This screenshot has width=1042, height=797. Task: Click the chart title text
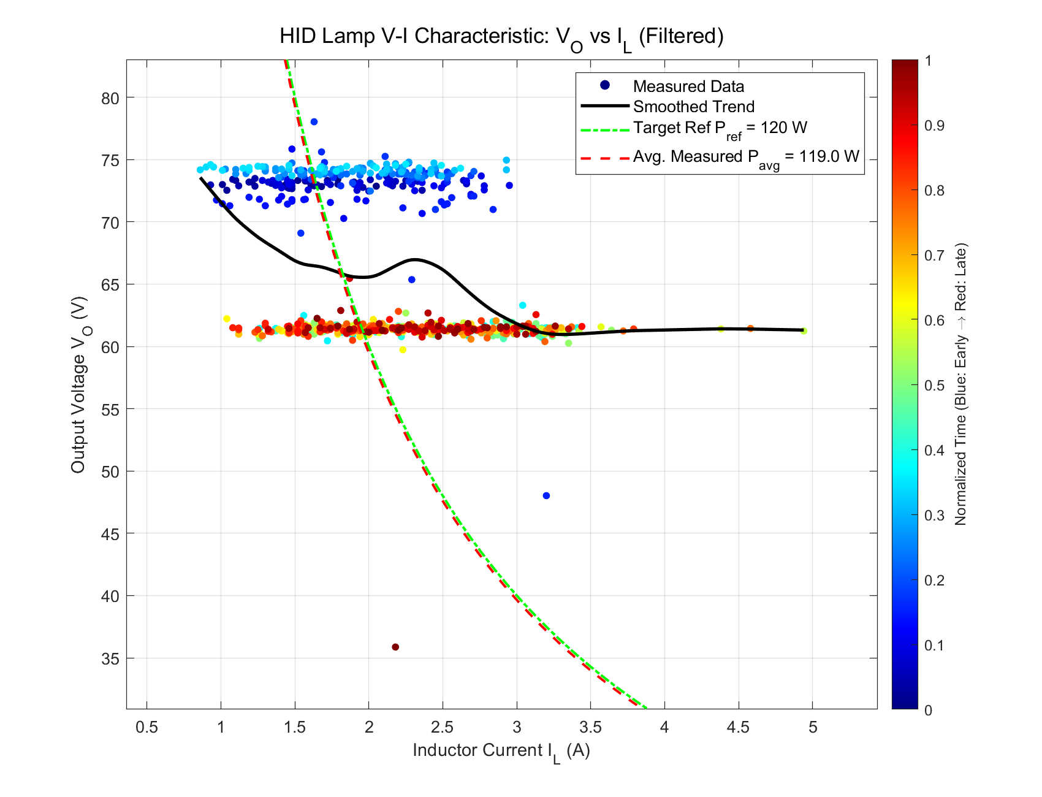[501, 37]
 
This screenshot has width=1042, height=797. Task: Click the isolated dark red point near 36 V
[395, 647]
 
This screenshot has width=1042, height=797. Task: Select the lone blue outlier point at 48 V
[546, 495]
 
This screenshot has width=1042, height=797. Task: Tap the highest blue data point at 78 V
[314, 121]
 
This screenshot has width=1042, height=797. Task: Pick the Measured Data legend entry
[688, 86]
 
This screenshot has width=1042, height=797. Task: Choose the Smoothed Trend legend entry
[693, 107]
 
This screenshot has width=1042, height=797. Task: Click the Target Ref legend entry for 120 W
[720, 128]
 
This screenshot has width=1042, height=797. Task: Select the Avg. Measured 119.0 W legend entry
[745, 157]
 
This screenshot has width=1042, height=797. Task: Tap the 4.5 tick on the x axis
[738, 728]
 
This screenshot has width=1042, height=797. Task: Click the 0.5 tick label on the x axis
[146, 728]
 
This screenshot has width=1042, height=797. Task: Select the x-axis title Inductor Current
[501, 751]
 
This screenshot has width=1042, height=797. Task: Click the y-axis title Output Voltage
[78, 385]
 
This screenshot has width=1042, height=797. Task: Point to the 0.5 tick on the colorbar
[932, 385]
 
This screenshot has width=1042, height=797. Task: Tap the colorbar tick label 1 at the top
[928, 61]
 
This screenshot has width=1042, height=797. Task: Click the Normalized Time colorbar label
[960, 385]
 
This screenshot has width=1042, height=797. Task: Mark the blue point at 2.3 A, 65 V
[412, 280]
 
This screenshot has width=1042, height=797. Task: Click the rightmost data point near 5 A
[804, 331]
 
